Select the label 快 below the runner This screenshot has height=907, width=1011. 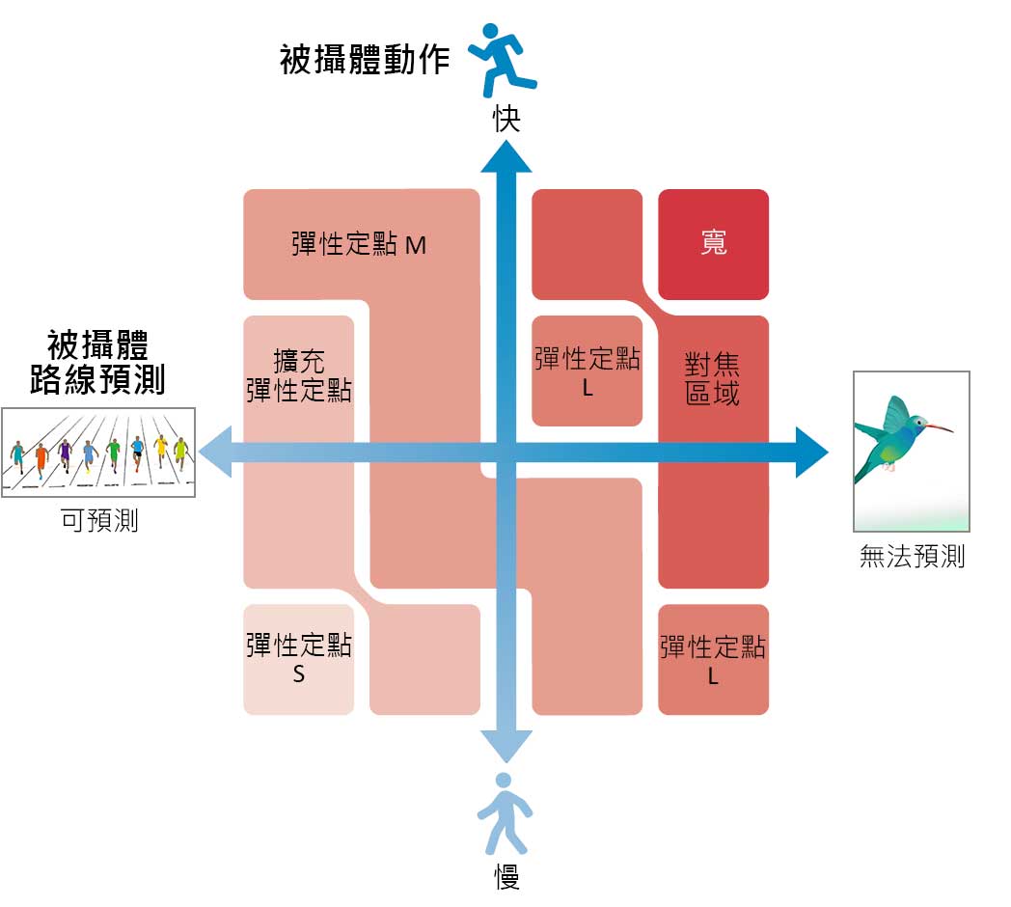[506, 119]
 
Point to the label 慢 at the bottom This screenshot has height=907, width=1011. [506, 876]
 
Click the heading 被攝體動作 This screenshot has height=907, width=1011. [365, 60]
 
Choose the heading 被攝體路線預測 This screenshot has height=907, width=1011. [97, 362]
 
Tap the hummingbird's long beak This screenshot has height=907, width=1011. [940, 427]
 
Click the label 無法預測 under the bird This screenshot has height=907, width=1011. [912, 556]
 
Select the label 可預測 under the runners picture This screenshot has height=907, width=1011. [99, 520]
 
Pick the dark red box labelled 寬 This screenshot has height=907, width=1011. [713, 244]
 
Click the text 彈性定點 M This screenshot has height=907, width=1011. [359, 244]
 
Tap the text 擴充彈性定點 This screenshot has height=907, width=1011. [298, 375]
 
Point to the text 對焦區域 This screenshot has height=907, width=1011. [712, 379]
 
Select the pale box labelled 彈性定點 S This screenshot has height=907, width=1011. [298, 659]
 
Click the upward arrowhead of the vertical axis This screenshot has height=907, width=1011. [506, 156]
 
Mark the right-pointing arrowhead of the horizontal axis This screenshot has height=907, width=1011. [811, 453]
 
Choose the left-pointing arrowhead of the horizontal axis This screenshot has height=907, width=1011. [215, 453]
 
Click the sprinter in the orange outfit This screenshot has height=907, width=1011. [41, 458]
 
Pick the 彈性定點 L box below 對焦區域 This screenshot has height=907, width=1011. [713, 659]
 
